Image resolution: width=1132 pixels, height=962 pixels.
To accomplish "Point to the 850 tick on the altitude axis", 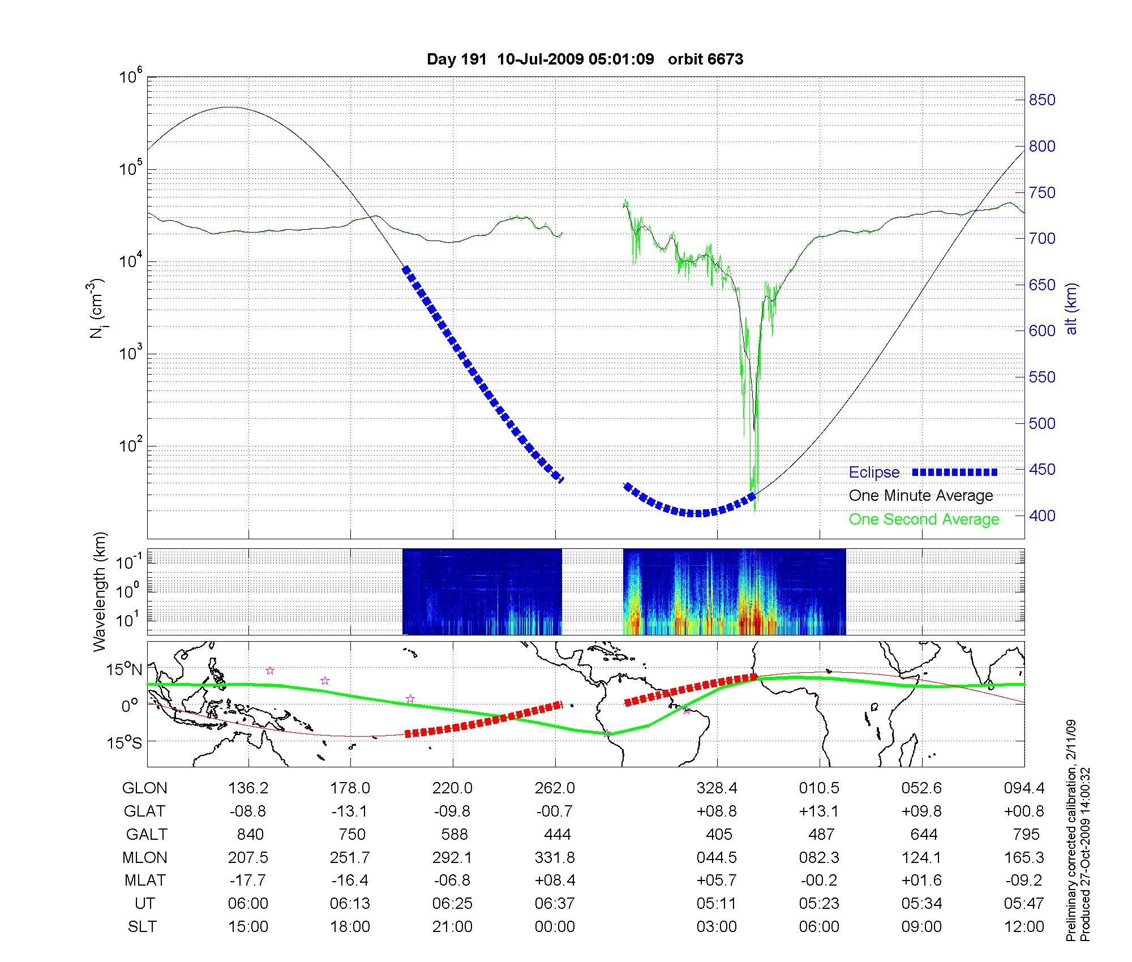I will click(1041, 100).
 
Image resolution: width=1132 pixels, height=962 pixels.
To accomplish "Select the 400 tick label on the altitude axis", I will click(1041, 516).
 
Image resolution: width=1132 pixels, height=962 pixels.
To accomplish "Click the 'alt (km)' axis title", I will click(1072, 308).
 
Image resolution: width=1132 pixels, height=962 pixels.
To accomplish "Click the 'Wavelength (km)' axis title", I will click(100, 592).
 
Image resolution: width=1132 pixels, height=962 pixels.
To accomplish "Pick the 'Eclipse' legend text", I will click(874, 473).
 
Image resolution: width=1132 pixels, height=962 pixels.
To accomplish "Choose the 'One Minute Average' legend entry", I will click(921, 496).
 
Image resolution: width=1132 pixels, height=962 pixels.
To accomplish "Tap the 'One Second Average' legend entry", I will click(924, 519).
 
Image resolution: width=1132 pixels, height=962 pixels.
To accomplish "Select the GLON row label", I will click(145, 788).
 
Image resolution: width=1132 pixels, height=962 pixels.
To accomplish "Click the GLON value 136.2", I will click(248, 788).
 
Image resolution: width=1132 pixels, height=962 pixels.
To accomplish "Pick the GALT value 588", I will click(454, 835).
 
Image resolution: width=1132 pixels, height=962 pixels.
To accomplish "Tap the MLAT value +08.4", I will click(555, 881).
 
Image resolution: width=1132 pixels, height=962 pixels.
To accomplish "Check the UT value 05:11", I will click(717, 904).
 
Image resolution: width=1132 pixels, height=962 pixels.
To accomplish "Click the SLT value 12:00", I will click(1024, 927).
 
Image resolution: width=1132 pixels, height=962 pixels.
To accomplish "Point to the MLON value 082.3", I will click(819, 858).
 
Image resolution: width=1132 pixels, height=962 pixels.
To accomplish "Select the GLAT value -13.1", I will click(350, 811).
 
